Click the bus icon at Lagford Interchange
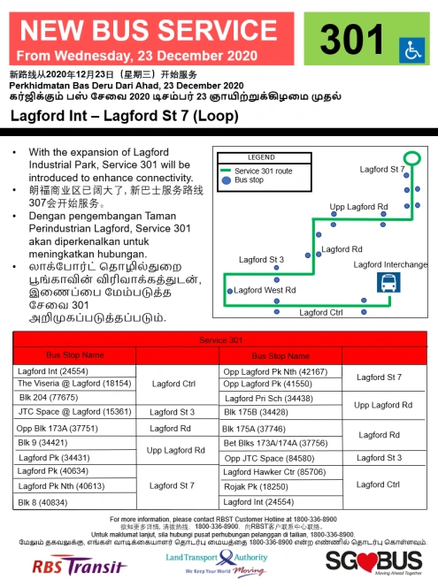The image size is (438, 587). [x=388, y=283]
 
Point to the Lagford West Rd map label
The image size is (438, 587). [x=265, y=290]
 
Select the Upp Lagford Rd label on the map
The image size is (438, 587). [x=358, y=207]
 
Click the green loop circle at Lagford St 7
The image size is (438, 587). [x=417, y=159]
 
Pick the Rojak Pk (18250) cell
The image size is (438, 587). [x=250, y=486]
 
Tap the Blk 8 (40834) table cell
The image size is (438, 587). [x=43, y=501]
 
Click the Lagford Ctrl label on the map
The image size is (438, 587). [x=320, y=312]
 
